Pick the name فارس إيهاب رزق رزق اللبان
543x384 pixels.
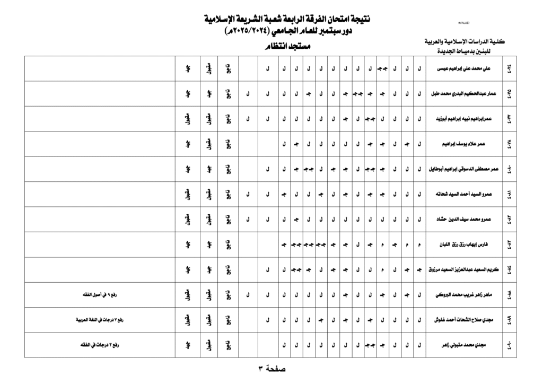(463, 245)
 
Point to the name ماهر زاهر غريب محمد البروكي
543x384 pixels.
(465, 295)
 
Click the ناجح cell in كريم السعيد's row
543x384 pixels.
(228, 270)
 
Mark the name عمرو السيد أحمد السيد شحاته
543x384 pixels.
(464, 194)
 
